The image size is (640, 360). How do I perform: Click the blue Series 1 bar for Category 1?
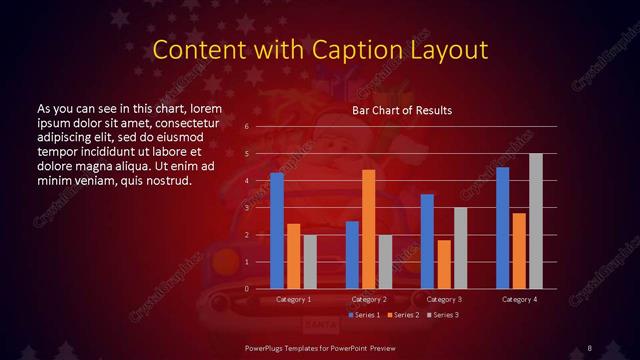(277, 230)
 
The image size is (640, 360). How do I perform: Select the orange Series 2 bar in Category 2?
(369, 229)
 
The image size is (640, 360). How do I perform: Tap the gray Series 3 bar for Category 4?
(535, 221)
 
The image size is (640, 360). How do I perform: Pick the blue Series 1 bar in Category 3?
(427, 241)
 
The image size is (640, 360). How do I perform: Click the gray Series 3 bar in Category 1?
(310, 261)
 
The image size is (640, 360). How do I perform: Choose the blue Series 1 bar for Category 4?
(503, 227)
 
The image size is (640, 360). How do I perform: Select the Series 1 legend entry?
(363, 315)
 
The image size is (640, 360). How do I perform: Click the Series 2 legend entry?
(403, 315)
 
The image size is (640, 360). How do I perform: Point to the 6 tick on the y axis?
(246, 127)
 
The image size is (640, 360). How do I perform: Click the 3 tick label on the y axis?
(246, 208)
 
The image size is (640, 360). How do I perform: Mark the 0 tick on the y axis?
(246, 289)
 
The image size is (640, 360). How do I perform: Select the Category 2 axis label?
(369, 299)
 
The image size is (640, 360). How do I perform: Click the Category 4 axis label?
(519, 299)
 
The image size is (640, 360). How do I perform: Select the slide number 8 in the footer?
(590, 347)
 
